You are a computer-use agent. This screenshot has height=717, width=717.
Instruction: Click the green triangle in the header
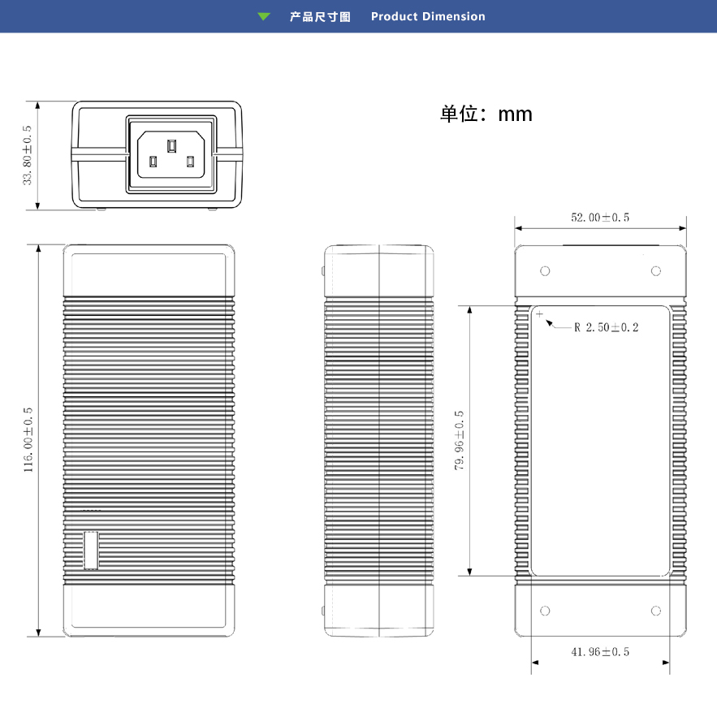click(264, 17)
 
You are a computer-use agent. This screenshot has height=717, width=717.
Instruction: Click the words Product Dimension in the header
click(428, 16)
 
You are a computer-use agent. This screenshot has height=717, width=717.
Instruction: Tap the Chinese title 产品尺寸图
click(320, 17)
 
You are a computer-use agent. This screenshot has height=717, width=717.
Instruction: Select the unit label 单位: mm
click(486, 114)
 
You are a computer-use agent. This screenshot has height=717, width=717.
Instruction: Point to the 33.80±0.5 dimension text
click(27, 155)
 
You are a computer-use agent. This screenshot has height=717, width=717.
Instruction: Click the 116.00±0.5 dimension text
click(28, 440)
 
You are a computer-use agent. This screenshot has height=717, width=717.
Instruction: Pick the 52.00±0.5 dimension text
click(600, 217)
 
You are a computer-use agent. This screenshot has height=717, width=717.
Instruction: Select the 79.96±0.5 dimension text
click(459, 440)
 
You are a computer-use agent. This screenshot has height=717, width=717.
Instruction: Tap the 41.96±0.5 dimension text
click(600, 651)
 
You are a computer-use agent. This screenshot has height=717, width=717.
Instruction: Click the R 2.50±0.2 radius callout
click(607, 327)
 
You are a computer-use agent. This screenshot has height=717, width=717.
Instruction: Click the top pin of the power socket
click(171, 146)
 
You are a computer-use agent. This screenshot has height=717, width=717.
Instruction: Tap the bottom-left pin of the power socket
click(153, 162)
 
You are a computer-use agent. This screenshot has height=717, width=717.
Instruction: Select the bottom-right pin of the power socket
click(190, 162)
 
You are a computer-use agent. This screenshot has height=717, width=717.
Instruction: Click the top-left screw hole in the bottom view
click(545, 271)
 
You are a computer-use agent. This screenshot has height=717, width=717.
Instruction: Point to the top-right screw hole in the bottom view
click(656, 271)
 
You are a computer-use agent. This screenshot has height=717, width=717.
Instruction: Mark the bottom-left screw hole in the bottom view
click(545, 611)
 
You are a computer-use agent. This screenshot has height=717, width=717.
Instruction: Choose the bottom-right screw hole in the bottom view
click(656, 611)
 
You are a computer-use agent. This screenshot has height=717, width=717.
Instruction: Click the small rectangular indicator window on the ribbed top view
click(91, 551)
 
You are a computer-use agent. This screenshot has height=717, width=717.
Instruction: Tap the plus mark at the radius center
click(540, 313)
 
